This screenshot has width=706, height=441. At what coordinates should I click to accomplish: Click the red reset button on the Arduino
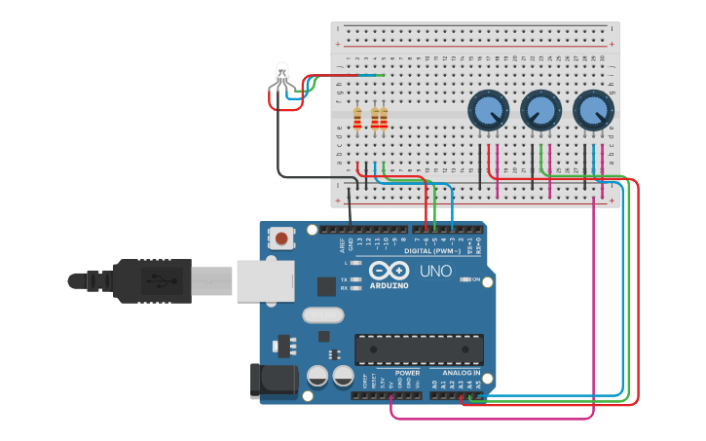coord(282,238)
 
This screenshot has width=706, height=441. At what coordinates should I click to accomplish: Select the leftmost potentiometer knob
coord(486,111)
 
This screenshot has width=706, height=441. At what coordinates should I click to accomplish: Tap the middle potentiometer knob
coord(539,111)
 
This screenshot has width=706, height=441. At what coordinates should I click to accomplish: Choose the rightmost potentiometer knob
coord(592,111)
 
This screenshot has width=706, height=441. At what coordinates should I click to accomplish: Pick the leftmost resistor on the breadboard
coord(358,119)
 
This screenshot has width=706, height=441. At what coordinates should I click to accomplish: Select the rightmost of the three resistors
coord(384,119)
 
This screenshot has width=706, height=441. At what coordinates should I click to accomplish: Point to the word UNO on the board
coord(435,271)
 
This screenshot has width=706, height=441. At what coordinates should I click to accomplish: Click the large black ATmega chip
coord(419,349)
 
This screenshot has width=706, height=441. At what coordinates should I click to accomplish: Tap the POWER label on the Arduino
coord(408,372)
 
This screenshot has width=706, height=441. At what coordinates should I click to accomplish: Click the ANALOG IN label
coord(460,372)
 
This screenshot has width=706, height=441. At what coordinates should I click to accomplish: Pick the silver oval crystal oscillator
coord(323,315)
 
